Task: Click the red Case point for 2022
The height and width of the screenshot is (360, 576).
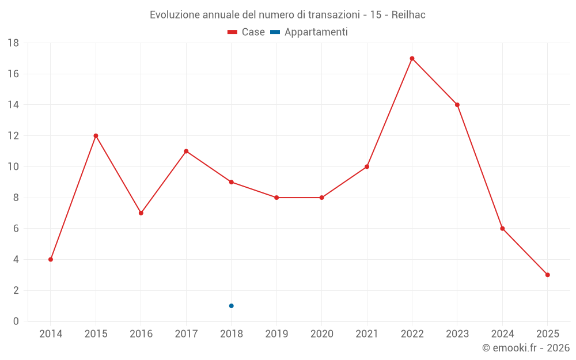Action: (x=412, y=58)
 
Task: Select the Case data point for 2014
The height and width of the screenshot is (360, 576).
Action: (x=51, y=259)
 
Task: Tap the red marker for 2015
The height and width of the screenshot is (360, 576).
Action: (x=96, y=136)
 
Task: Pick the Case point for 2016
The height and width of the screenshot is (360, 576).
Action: (x=141, y=213)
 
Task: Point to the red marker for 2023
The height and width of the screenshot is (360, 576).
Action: (x=457, y=105)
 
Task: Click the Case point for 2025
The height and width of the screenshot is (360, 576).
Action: (x=547, y=275)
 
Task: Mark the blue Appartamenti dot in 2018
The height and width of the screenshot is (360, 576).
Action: (x=231, y=306)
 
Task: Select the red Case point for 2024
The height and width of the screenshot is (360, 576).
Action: (x=502, y=229)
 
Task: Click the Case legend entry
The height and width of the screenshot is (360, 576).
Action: (x=247, y=32)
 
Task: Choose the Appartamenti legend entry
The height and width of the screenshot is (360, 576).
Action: (x=309, y=32)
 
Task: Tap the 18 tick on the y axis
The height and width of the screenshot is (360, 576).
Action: (x=13, y=43)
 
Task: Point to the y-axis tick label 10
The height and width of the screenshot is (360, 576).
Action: (x=13, y=167)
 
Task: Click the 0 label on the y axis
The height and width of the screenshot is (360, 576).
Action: (x=16, y=321)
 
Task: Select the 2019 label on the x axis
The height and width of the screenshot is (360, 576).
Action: (x=276, y=334)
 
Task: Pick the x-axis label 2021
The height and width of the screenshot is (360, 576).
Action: (x=367, y=334)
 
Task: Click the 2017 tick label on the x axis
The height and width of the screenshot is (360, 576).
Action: (x=186, y=334)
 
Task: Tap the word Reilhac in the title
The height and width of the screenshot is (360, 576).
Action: (x=408, y=15)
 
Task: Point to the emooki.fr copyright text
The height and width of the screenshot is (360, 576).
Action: (x=526, y=348)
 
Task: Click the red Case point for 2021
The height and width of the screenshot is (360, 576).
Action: (x=367, y=167)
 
